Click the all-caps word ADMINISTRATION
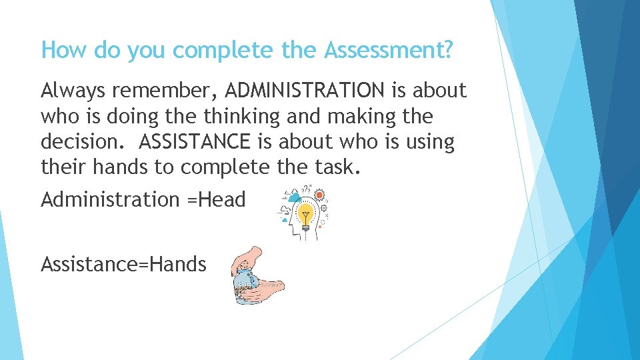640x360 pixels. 305,90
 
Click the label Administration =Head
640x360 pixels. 143,199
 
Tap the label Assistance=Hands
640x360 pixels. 123,265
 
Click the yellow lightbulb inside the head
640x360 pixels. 306,215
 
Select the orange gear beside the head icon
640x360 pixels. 319,195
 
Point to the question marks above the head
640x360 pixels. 306,189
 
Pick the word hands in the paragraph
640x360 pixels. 121,167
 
